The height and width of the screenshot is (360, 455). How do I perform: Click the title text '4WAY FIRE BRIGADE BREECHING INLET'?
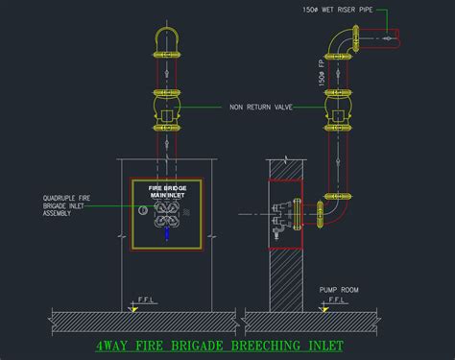220,345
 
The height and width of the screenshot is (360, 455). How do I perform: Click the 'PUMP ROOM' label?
338,288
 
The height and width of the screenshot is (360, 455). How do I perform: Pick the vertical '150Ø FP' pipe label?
321,73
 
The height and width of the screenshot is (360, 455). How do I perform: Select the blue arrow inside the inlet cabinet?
167,233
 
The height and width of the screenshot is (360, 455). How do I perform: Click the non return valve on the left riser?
167,108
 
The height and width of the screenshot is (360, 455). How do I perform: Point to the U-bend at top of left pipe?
167,39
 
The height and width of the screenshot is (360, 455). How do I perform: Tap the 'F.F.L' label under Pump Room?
338,300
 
